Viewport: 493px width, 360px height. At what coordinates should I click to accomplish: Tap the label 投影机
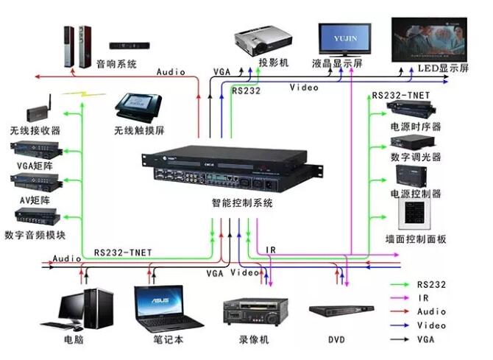[x=274, y=63]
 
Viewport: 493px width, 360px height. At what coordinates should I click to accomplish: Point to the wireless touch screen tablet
[x=139, y=105]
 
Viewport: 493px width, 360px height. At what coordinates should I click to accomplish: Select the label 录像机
[x=255, y=340]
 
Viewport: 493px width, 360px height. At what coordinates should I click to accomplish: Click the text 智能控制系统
[x=242, y=203]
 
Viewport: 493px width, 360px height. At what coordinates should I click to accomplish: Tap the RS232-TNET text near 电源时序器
[x=401, y=96]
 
